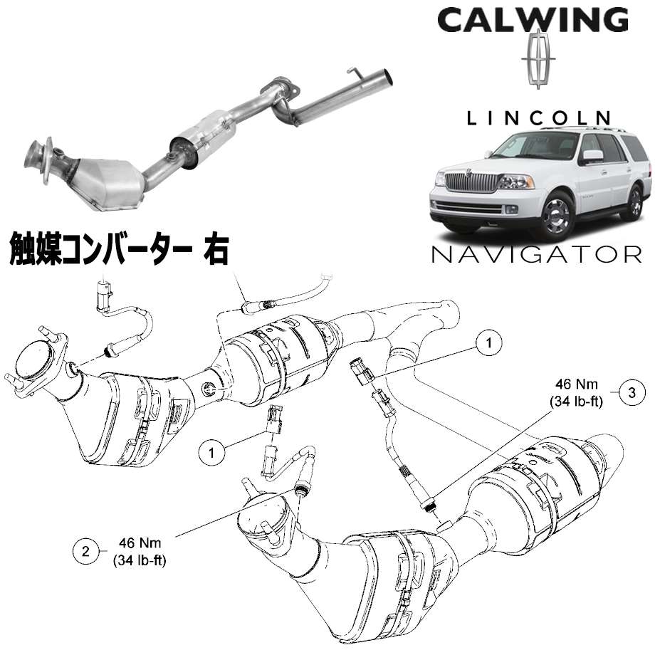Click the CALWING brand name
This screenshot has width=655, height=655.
point(533,20)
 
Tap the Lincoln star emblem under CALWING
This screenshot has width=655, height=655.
point(538,59)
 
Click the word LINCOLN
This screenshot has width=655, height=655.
point(538,118)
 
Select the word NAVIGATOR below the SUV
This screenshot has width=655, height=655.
point(536,254)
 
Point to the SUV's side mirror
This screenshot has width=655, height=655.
point(592,156)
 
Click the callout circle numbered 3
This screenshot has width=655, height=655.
point(632,392)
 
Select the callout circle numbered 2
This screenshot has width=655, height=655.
point(85,551)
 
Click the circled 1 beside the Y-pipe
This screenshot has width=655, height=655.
point(488,342)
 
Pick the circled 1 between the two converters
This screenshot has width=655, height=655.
point(211,452)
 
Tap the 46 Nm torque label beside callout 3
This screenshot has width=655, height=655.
point(577,393)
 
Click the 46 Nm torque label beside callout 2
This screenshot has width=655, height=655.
point(140,551)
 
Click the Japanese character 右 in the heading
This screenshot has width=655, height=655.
point(216,251)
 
